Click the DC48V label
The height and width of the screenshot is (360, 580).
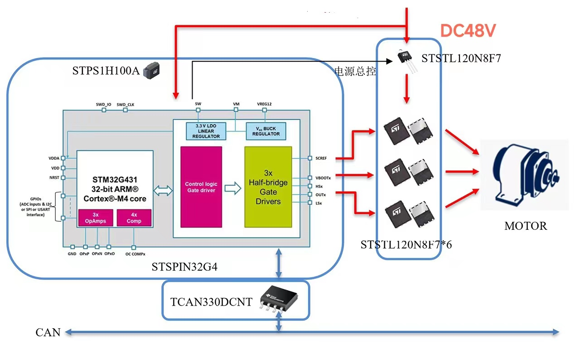[x=468, y=31]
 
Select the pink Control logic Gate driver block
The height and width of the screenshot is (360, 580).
[x=201, y=187]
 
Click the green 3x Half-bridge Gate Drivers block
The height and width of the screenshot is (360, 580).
[x=268, y=187]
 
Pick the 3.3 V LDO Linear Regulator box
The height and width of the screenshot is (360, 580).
[x=206, y=131]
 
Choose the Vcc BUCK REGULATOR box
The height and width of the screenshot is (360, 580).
[x=266, y=131]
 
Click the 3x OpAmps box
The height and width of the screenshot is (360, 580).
[x=95, y=218]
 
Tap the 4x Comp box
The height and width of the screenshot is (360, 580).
[x=134, y=218]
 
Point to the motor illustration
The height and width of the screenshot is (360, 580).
[x=524, y=175]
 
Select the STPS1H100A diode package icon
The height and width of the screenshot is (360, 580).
[x=151, y=71]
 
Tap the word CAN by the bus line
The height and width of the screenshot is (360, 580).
[x=48, y=333]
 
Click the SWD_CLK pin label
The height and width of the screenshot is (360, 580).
[x=126, y=104]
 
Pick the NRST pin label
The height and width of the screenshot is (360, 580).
[x=54, y=177]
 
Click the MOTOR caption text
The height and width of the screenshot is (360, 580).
[x=526, y=226]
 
